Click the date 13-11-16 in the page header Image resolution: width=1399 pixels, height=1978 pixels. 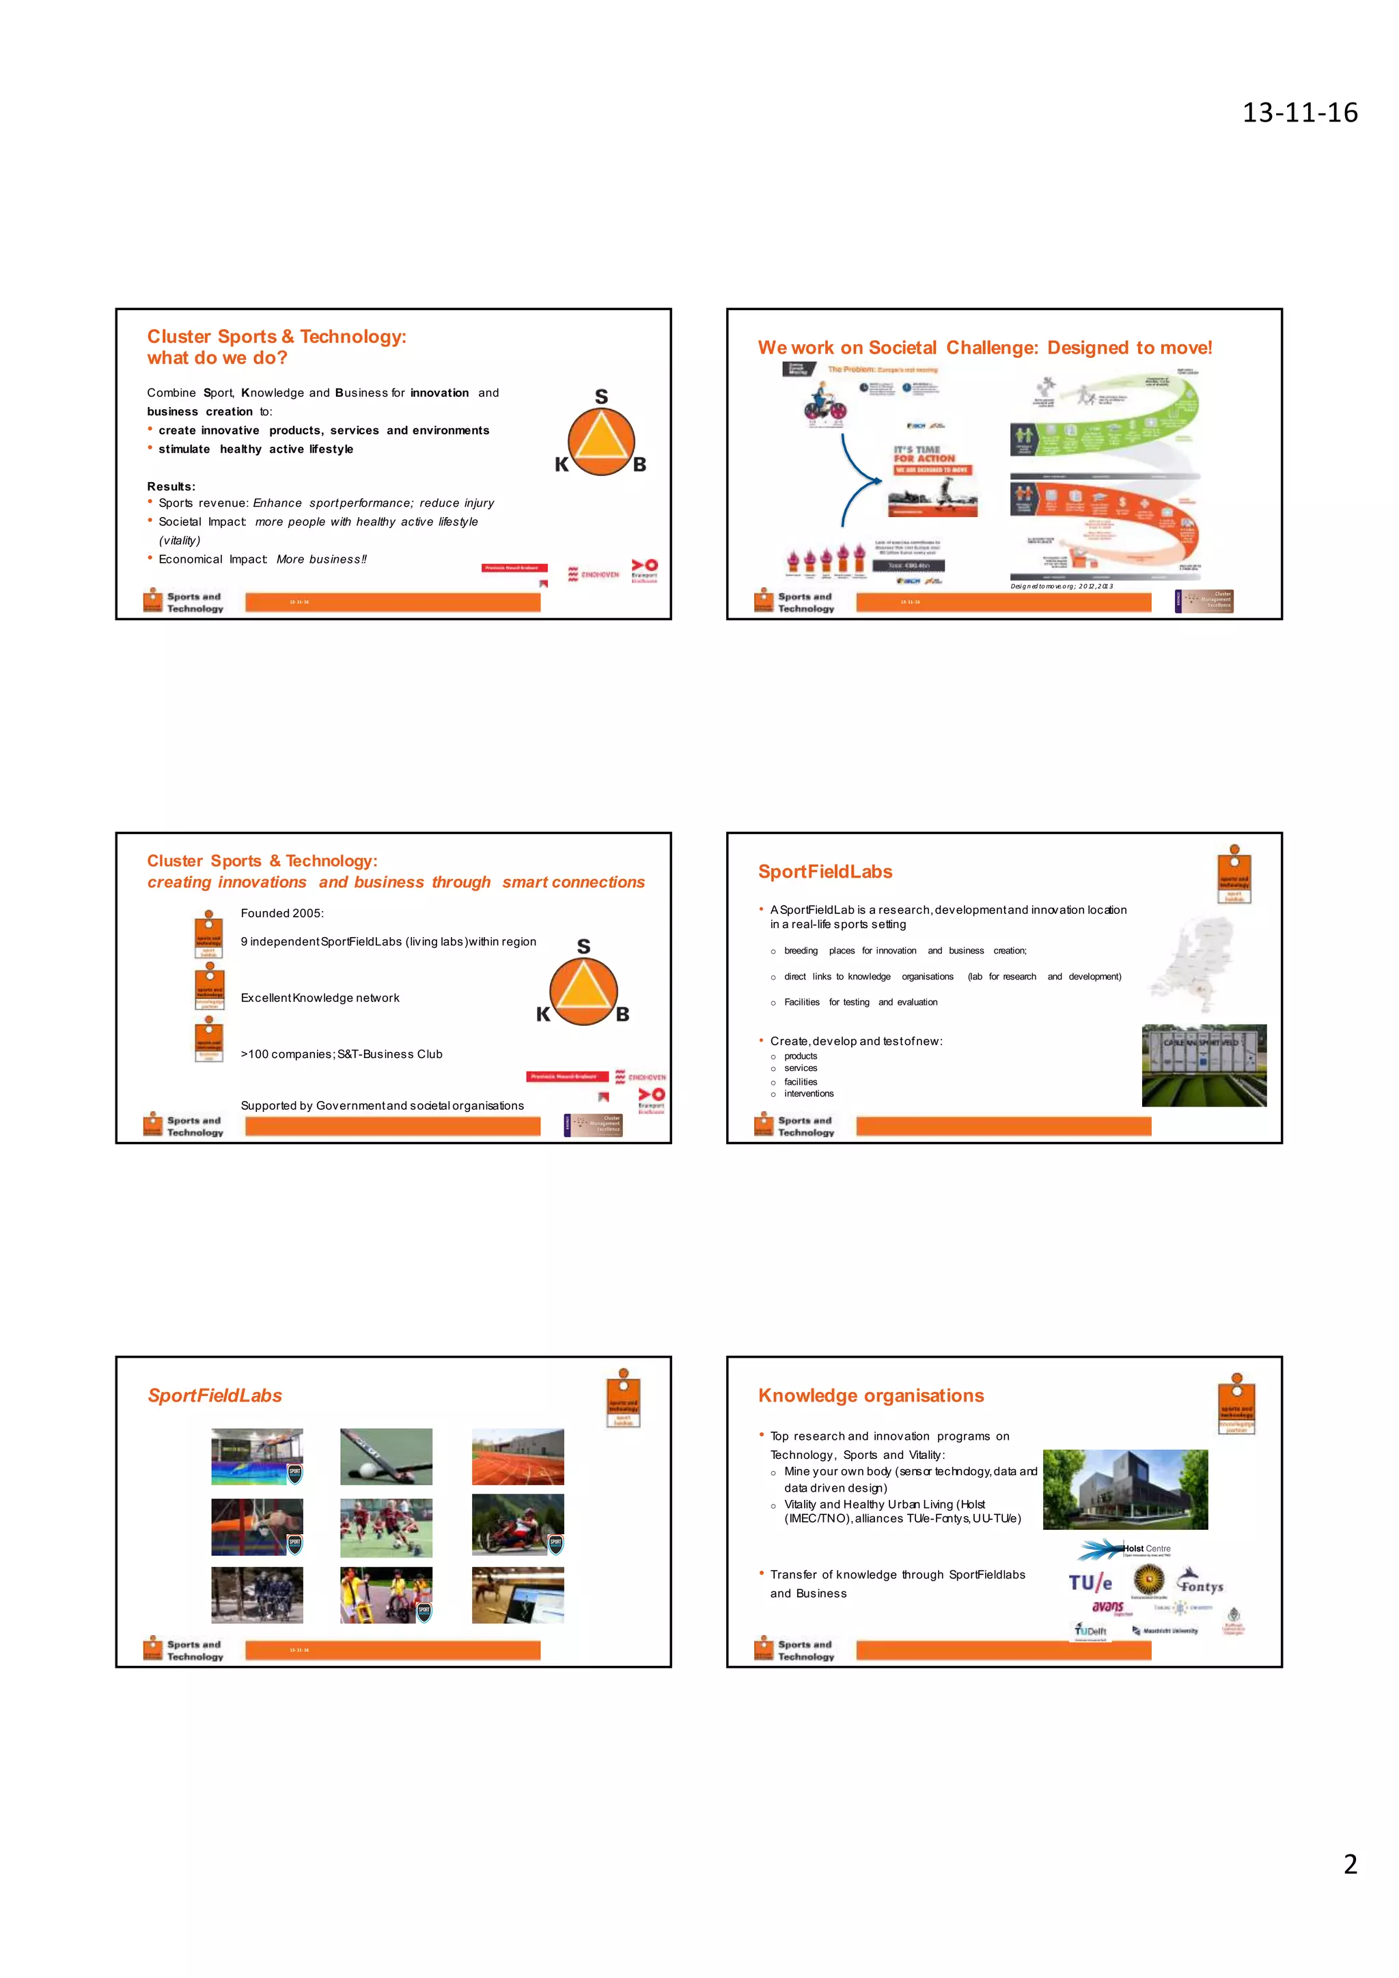(1299, 113)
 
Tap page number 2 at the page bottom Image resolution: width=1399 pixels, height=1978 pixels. (1350, 1865)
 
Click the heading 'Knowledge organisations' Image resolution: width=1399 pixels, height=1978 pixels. (870, 1395)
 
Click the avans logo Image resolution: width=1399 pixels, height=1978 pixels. (1108, 1606)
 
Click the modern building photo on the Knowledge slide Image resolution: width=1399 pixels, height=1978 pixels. (1125, 1490)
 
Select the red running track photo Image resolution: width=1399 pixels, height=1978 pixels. (518, 1457)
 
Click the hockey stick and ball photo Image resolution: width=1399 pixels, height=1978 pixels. (386, 1457)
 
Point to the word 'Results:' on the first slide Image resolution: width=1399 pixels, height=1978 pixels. (171, 487)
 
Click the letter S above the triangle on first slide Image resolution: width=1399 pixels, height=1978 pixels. (601, 396)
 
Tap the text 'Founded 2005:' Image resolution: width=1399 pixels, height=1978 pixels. (281, 913)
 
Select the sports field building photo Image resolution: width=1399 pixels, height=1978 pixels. (1204, 1065)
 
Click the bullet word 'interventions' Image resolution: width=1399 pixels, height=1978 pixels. (808, 1094)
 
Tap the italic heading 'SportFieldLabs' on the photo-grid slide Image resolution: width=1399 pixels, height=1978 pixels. (214, 1395)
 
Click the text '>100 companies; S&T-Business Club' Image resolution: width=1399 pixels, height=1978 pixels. (341, 1055)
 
